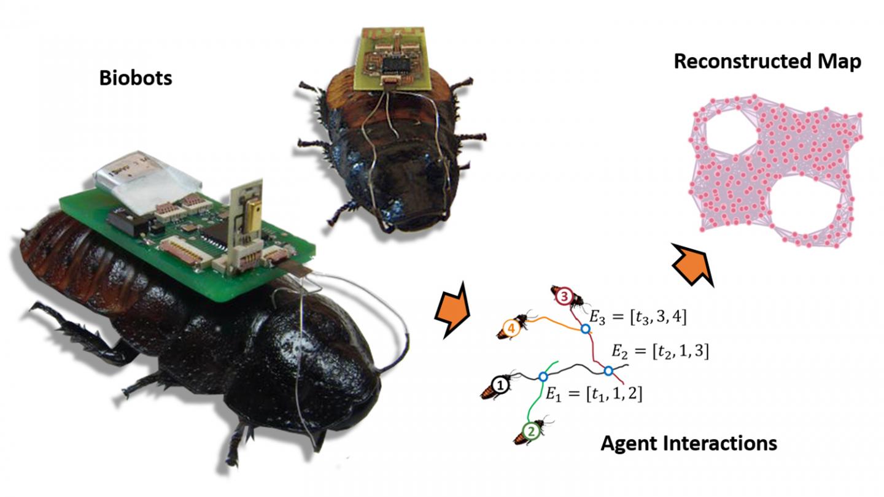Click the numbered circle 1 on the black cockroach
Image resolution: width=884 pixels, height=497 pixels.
click(x=501, y=385)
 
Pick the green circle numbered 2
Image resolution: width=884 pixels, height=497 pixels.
click(x=532, y=431)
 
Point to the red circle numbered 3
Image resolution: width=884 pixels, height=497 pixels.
click(x=564, y=299)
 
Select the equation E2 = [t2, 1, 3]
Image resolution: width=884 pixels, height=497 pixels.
click(x=660, y=352)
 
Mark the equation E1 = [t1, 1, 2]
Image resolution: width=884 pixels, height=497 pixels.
click(x=592, y=393)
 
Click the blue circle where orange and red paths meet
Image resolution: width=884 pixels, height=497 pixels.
click(x=586, y=329)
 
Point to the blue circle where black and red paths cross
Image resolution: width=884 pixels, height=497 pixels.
click(x=608, y=371)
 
